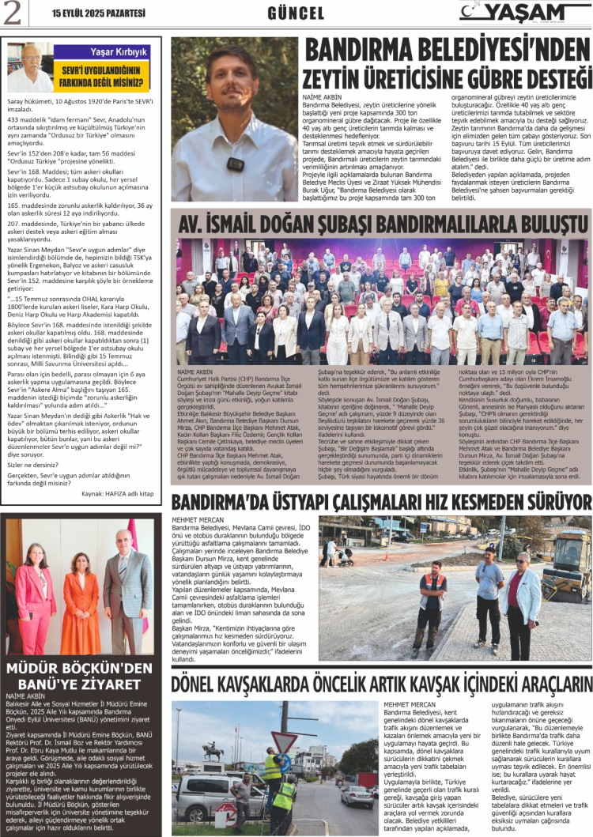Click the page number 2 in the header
tap(14, 13)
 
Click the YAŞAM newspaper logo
tap(523, 12)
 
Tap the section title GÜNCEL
tap(296, 13)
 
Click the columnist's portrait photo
tap(30, 68)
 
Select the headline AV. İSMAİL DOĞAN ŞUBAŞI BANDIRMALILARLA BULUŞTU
tap(382, 223)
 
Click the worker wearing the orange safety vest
tap(431, 603)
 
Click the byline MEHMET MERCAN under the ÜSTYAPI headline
tap(195, 519)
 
